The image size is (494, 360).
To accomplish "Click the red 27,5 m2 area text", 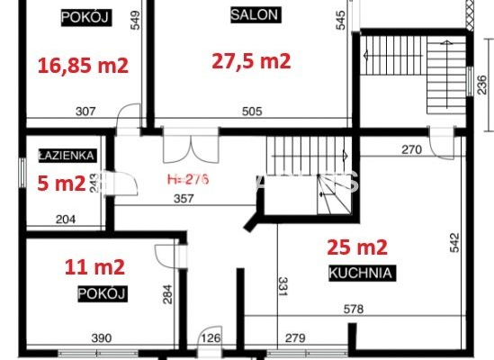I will point(251,61).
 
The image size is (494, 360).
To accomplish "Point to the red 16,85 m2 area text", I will point(83,65).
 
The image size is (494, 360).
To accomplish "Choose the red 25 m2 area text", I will point(356,247).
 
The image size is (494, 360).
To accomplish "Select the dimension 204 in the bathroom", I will point(67,218).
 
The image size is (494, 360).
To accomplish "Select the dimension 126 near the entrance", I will point(211,338).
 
